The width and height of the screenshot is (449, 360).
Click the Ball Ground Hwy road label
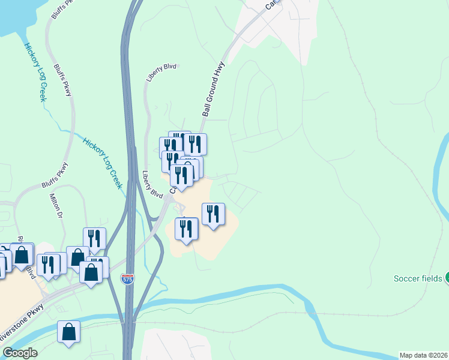[214, 88]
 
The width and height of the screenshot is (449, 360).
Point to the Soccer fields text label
[418, 278]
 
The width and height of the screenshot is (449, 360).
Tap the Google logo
[20, 353]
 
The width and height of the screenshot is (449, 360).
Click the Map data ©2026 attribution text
[424, 355]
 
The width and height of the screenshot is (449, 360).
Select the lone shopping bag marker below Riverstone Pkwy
[68, 332]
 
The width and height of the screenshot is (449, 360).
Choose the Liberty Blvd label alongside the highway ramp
[152, 185]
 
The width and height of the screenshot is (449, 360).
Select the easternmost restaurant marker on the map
[213, 214]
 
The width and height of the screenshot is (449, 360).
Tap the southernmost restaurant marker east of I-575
[187, 229]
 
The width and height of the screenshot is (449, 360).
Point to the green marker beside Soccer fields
[447, 278]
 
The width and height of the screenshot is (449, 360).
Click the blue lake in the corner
[12, 18]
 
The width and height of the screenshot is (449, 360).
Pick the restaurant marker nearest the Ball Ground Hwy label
[194, 144]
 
